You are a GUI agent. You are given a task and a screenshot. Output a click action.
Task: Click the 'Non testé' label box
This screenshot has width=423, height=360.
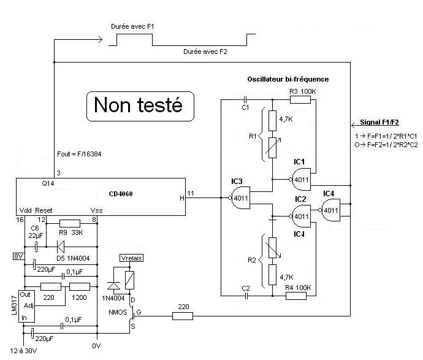tap(138, 105)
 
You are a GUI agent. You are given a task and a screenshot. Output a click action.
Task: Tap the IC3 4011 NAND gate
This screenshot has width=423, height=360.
tap(241, 197)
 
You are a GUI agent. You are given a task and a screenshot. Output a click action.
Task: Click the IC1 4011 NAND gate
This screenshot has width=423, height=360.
tap(300, 179)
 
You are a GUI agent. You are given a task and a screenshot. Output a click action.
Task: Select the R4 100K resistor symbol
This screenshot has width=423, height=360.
tap(297, 296)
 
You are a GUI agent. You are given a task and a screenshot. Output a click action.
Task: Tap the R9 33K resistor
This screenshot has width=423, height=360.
tap(71, 223)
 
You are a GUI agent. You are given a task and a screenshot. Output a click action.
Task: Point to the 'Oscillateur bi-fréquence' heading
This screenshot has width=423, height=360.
tap(288, 79)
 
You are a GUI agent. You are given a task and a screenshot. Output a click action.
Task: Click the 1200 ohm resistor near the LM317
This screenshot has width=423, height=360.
tap(79, 286)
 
